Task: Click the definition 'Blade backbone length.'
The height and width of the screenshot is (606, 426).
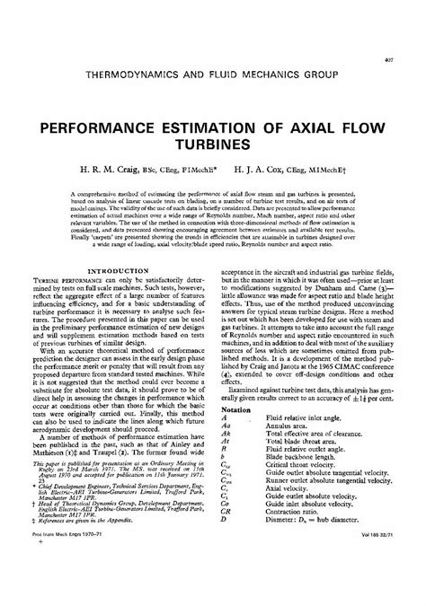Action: pyautogui.click(x=299, y=485)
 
